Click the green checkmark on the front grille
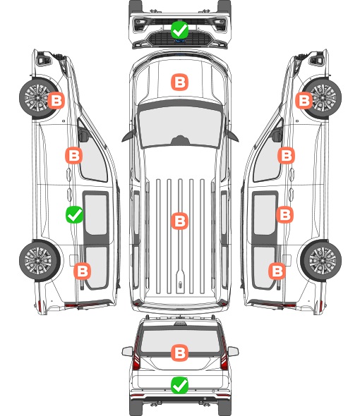[x=179, y=30]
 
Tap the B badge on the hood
[x=179, y=82]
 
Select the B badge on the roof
[x=179, y=221]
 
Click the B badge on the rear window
[x=179, y=353]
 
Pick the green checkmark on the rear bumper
[x=179, y=385]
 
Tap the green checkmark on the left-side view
[x=74, y=214]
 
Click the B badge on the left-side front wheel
[x=56, y=100]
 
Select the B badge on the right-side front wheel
[x=304, y=100]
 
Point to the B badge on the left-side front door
[x=73, y=155]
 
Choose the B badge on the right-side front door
[x=286, y=155]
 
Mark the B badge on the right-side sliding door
[x=284, y=214]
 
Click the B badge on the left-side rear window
[x=82, y=271]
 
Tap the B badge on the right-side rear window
[x=277, y=271]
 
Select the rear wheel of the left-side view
[x=40, y=261]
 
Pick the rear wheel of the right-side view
[x=321, y=261]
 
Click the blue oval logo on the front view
[x=180, y=41]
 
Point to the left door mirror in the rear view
[x=127, y=351]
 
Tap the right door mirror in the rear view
[x=233, y=351]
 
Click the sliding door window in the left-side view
[x=96, y=214]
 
